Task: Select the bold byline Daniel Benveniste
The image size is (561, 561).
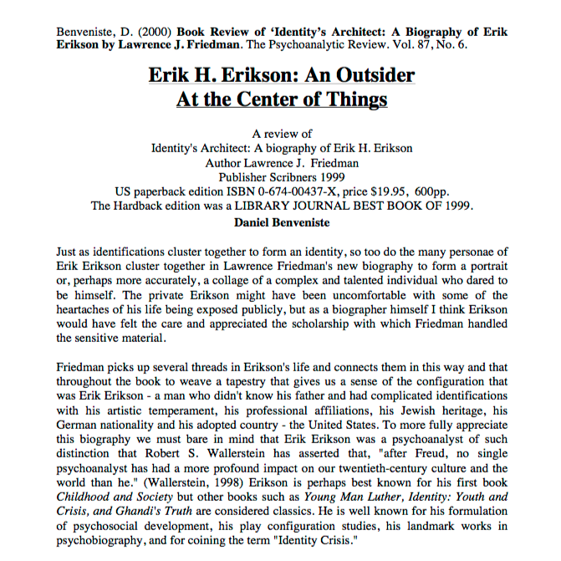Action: pyautogui.click(x=281, y=222)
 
